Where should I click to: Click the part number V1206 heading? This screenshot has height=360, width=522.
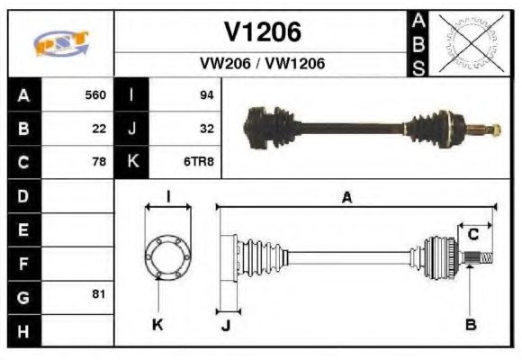point(262,32)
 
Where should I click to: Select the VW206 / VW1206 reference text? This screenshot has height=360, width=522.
point(262,64)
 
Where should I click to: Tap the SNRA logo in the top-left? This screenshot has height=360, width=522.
point(61,42)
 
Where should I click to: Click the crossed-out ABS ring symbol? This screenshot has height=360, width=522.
point(467,42)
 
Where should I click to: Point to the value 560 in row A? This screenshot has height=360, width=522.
point(95,94)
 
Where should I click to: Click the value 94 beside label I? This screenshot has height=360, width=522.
point(206,94)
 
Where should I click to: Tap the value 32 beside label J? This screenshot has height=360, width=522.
point(206,129)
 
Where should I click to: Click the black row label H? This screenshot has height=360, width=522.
point(23,330)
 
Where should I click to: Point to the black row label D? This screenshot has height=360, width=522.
point(23,195)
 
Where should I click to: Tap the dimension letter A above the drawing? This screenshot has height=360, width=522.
point(346,197)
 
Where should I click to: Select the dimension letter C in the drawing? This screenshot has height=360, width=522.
point(472,235)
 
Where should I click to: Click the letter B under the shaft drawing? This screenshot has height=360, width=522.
point(471,324)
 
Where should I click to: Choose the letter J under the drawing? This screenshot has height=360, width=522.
point(226,325)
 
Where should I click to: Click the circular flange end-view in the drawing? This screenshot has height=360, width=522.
point(167,256)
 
